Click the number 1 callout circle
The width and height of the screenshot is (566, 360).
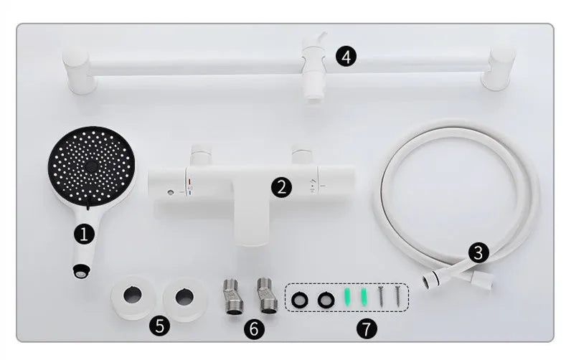[85, 233]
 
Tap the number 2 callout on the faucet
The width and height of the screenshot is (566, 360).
[282, 188]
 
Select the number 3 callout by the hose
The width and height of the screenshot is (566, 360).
[478, 252]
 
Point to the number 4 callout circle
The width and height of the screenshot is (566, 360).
[346, 56]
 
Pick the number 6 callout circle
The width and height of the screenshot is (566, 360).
[253, 329]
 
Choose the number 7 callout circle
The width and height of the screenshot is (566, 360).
[366, 329]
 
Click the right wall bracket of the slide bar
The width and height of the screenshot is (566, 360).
[499, 68]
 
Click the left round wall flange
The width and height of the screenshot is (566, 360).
[133, 295]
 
